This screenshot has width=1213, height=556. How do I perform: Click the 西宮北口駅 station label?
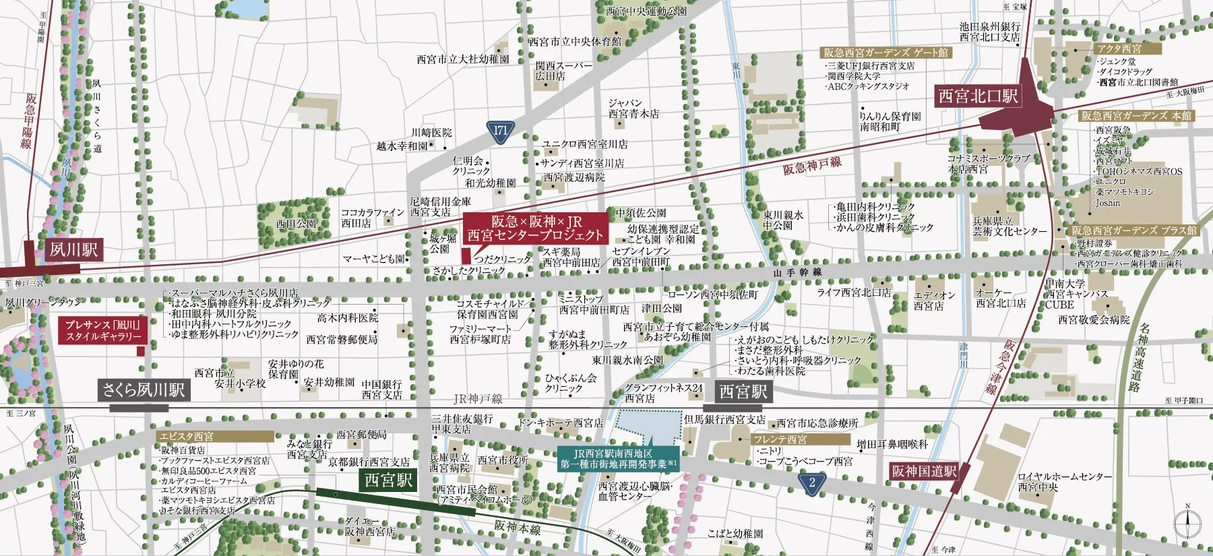[978, 96]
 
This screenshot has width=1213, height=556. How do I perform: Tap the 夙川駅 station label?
[73, 250]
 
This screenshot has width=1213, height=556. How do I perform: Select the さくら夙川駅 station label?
[144, 390]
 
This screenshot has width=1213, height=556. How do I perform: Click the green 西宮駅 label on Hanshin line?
[388, 480]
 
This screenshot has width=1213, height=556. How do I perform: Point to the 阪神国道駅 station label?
[924, 471]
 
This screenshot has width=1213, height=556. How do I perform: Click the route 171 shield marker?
[500, 131]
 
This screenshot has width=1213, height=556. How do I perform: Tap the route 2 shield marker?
[812, 482]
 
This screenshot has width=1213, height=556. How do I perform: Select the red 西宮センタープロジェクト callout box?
[535, 228]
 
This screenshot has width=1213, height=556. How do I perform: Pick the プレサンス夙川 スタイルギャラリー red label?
[103, 330]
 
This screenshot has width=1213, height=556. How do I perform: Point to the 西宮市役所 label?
[503, 460]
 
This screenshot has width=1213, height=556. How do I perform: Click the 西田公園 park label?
[295, 224]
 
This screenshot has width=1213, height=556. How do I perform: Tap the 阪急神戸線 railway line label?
[812, 165]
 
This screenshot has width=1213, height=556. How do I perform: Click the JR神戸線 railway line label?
[478, 399]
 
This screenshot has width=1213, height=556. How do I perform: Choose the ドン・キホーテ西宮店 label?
[561, 423]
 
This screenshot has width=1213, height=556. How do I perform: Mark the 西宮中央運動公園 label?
[646, 11]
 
